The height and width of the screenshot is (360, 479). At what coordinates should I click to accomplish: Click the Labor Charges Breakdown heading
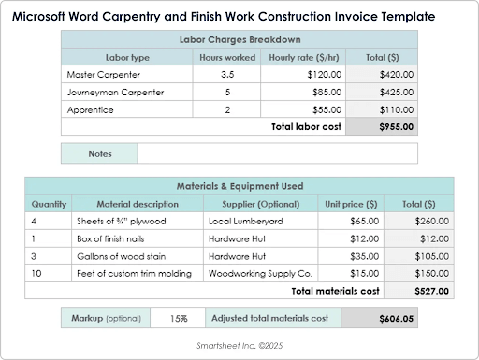coord(239,39)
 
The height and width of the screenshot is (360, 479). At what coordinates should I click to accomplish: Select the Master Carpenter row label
coord(103,74)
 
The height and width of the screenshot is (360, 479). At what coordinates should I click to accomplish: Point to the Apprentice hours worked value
coord(226,109)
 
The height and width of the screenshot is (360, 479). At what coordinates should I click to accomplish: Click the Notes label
coord(100,153)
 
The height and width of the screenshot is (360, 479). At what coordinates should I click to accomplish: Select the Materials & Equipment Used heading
coord(239,186)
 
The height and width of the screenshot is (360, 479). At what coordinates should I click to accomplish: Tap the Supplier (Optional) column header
coord(258,204)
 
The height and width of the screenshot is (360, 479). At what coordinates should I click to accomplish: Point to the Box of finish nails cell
coord(112,238)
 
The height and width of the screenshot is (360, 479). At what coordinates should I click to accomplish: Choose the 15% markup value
coord(180,319)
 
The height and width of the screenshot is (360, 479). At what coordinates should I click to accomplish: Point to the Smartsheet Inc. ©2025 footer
coord(239,345)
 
